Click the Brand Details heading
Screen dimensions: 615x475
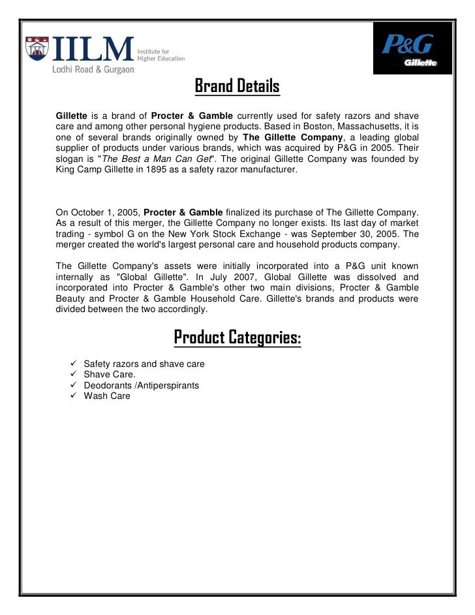pos(237,86)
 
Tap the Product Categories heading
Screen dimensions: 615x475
pos(237,338)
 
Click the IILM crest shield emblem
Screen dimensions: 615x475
pos(37,50)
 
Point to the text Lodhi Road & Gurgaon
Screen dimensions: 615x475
pos(93,70)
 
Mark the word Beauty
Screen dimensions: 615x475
pos(73,298)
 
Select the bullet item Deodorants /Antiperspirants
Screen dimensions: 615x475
pos(141,385)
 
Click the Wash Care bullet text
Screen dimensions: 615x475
pos(107,396)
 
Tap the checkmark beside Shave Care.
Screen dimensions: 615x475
pos(73,375)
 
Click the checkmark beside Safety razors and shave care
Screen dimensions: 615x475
pos(73,364)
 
